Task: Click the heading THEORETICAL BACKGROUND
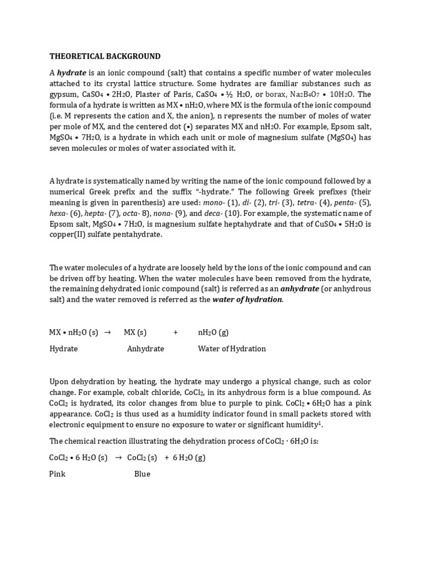point(105,56)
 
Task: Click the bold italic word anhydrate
point(299,288)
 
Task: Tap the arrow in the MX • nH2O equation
point(107,333)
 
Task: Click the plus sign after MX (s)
point(175,333)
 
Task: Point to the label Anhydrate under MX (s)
point(145,348)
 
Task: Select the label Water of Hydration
point(231,348)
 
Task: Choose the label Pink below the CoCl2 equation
point(58,473)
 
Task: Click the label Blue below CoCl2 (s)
point(142,473)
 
